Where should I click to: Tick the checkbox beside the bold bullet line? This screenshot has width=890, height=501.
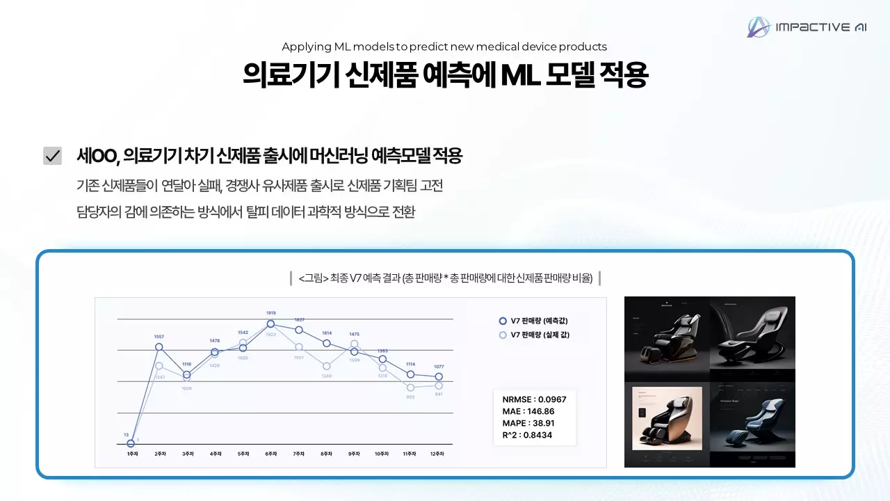tap(52, 156)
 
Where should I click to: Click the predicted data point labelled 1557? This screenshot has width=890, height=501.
tap(159, 347)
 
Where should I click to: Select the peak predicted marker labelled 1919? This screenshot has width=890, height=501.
tap(270, 324)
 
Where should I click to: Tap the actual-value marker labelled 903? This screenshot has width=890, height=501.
tap(410, 388)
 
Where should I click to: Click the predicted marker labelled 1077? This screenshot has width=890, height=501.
tap(438, 376)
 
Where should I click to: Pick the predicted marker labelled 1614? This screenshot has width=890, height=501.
tap(326, 343)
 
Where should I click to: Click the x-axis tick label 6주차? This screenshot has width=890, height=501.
tap(270, 454)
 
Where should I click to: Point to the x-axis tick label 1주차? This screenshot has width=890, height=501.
tap(131, 454)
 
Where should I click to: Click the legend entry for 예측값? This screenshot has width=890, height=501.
tap(534, 321)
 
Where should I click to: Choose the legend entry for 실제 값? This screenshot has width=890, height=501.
tap(534, 335)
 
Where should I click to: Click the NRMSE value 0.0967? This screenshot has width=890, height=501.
tap(549, 399)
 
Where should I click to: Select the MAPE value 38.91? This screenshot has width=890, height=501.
tap(540, 423)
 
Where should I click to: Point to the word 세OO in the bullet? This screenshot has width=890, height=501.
tap(97, 156)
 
